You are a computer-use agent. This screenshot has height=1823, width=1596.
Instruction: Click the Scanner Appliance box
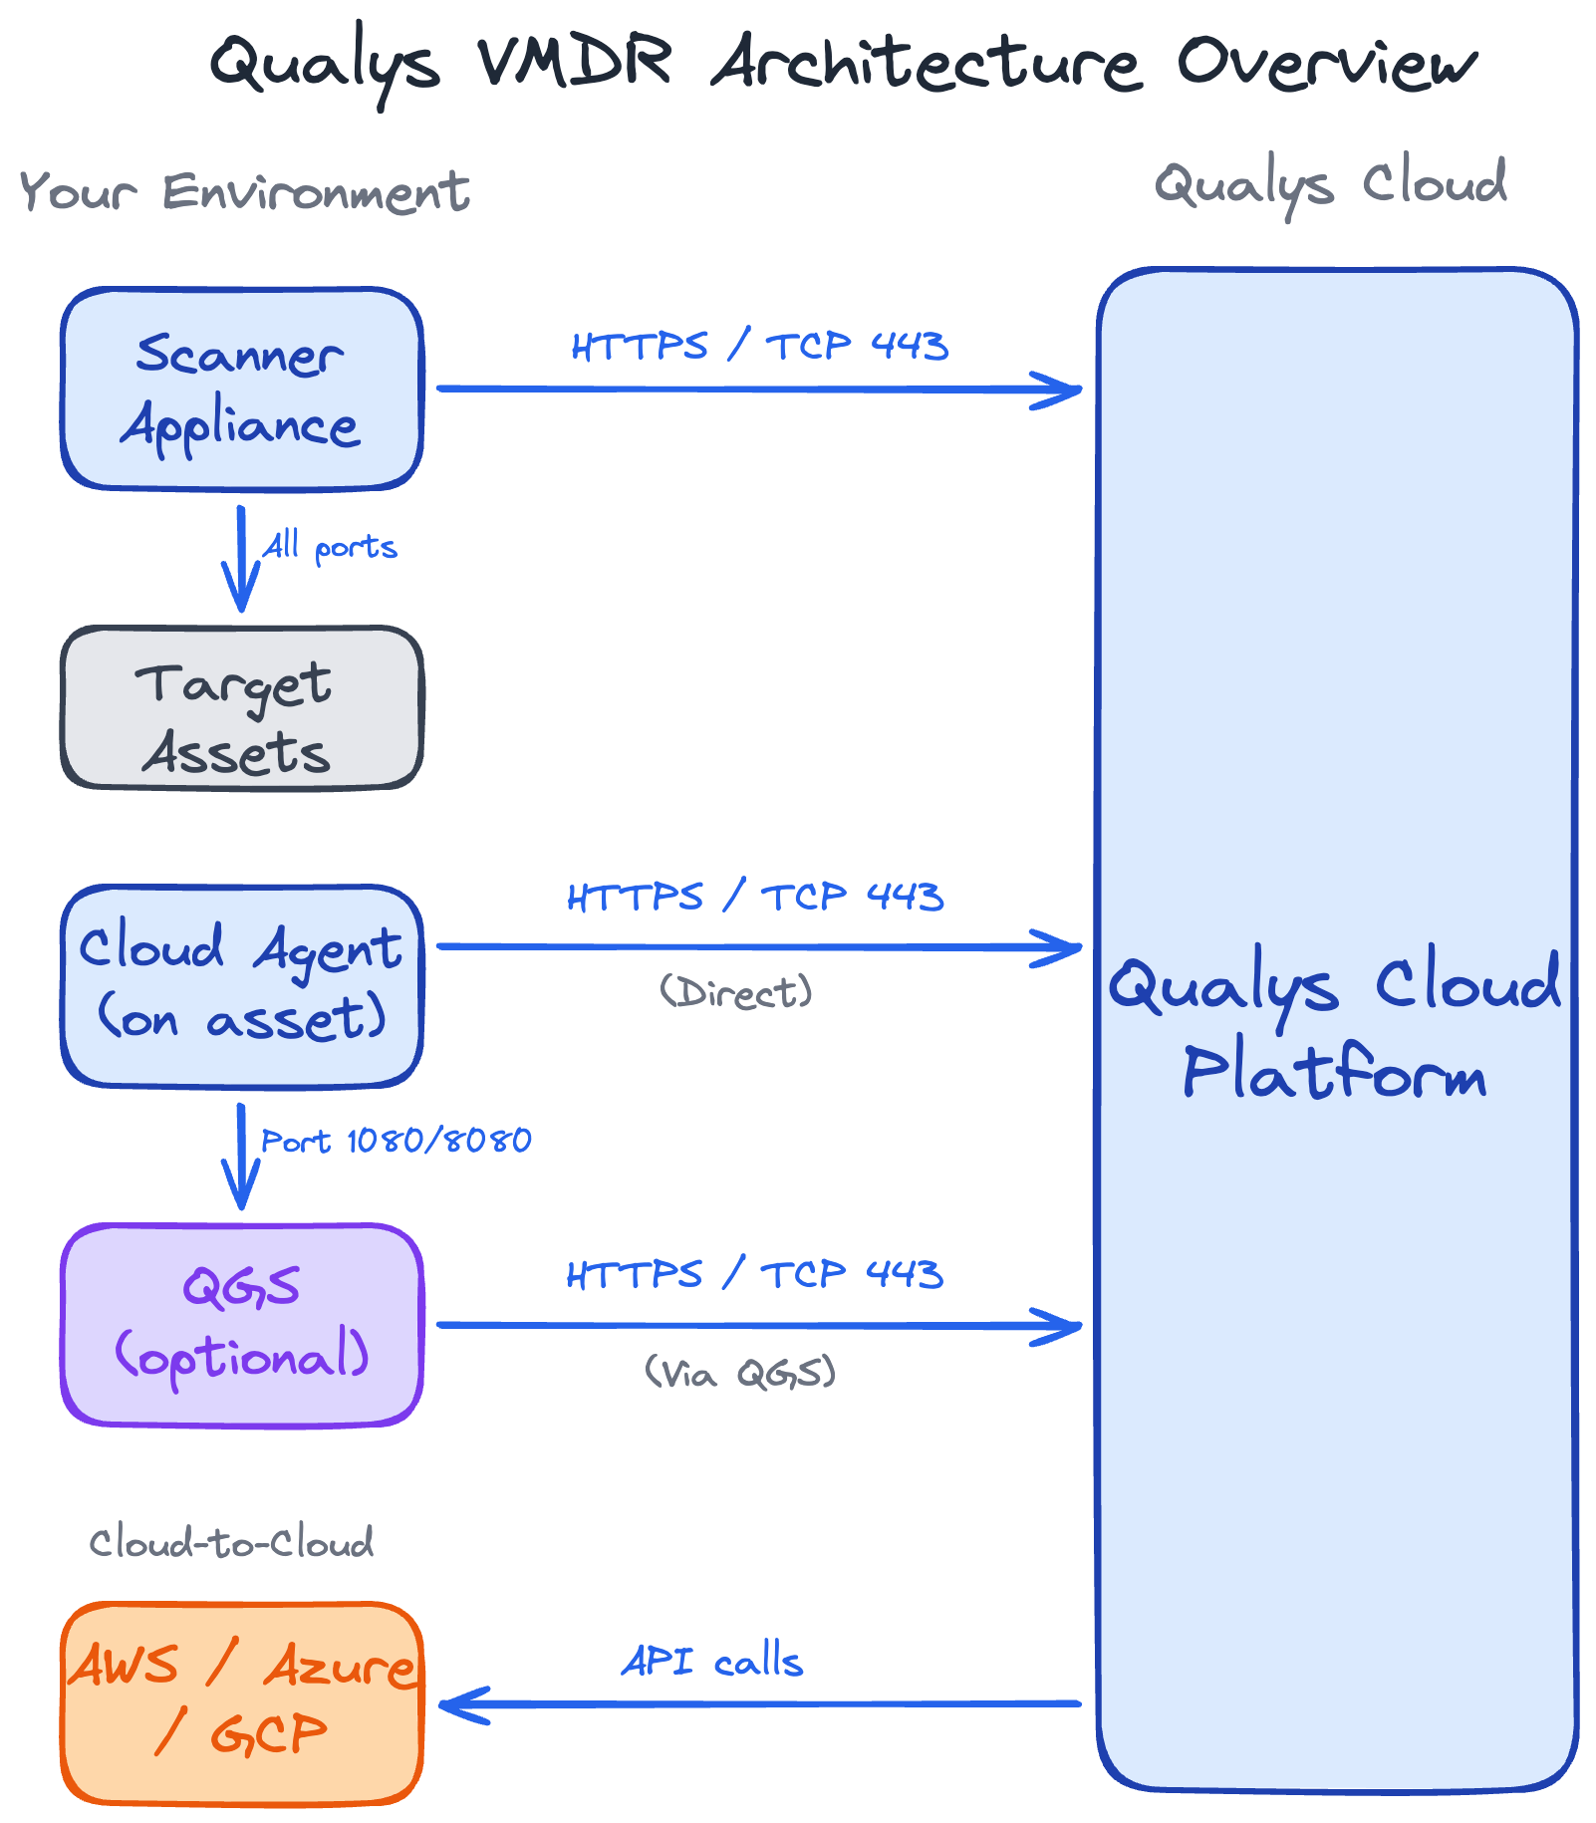241,389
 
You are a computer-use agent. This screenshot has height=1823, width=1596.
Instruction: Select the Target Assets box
241,707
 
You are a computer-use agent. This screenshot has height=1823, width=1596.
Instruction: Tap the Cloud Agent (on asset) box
241,986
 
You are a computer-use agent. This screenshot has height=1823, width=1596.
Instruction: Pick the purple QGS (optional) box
241,1325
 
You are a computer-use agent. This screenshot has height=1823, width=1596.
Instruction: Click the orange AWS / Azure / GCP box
241,1703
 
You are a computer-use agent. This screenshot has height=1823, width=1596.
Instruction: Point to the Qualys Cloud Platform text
1335,1026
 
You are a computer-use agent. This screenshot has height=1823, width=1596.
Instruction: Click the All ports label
329,547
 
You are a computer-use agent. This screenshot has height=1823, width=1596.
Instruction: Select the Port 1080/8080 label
396,1141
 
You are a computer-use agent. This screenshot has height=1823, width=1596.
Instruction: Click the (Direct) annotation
736,992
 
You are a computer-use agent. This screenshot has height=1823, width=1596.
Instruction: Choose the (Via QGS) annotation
739,1373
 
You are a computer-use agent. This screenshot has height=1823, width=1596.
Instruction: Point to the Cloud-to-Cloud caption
231,1543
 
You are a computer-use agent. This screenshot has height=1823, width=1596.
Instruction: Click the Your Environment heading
244,191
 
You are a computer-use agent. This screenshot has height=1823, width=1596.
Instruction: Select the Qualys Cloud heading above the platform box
1330,184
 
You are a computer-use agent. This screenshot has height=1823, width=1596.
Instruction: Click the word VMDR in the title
574,62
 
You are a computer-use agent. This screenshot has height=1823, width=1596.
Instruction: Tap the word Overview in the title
1326,62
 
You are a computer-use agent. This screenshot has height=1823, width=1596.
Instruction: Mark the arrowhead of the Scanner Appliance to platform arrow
1066,390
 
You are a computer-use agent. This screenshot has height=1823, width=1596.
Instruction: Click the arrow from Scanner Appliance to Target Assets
241,558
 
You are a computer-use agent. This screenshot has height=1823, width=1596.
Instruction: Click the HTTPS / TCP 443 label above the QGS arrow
754,1274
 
